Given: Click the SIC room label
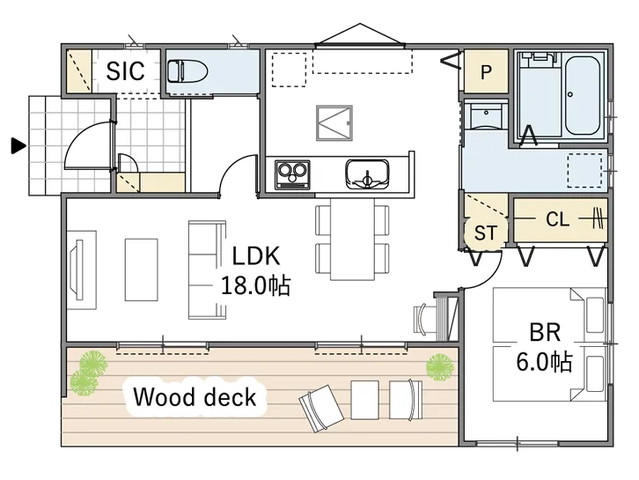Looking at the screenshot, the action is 125,71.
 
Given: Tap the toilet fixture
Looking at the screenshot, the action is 187,71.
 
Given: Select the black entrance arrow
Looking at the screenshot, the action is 18,146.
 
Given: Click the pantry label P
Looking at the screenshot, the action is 486,72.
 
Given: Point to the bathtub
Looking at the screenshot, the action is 583,95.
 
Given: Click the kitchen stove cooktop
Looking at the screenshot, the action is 292,175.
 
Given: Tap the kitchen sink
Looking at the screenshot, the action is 367,174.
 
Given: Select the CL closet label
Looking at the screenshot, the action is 557,219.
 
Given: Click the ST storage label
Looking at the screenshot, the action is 485,233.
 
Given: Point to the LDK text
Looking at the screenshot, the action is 256,255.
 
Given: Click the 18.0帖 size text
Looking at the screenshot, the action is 255,285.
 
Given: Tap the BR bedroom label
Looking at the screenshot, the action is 545,332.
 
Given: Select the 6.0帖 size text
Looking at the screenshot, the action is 545,361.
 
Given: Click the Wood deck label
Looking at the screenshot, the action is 195,397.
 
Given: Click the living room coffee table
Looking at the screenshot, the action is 141,270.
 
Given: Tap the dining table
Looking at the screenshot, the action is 353,239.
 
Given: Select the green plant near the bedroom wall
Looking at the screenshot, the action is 440,367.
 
